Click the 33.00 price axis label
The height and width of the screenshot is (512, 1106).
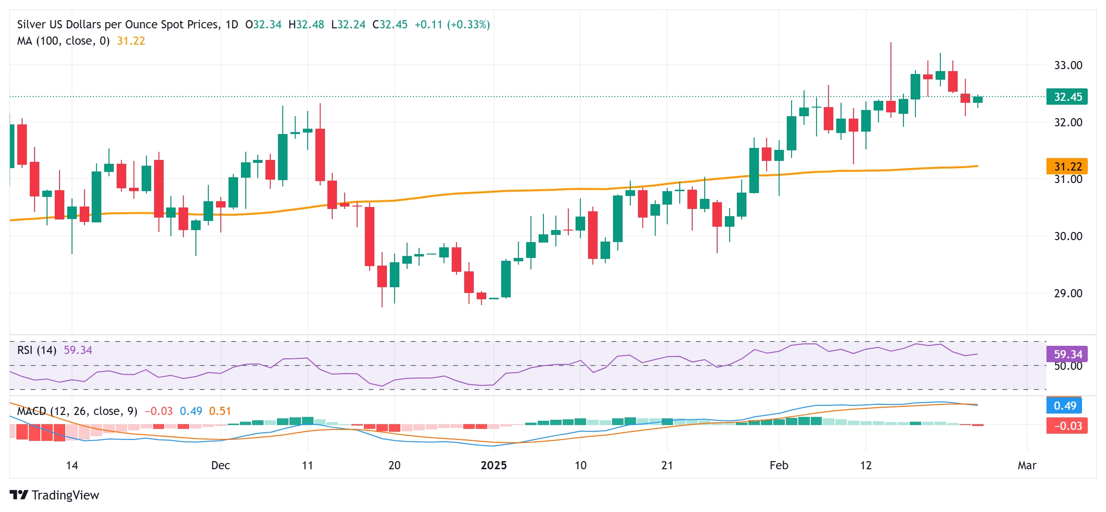click(1068, 65)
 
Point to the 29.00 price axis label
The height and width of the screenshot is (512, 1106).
click(1068, 293)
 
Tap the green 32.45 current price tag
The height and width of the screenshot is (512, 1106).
click(1067, 97)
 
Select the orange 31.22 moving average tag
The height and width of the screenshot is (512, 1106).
click(1067, 167)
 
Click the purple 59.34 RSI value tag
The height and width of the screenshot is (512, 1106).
click(1067, 354)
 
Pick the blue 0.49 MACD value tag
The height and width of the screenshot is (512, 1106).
click(1064, 406)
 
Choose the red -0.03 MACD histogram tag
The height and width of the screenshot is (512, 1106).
click(1067, 426)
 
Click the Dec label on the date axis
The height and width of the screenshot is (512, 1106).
click(220, 465)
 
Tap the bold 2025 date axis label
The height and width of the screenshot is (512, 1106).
click(493, 465)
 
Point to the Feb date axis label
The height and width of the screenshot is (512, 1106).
click(779, 465)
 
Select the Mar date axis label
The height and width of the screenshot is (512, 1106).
click(1027, 465)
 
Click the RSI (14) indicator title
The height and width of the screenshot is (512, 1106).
click(36, 350)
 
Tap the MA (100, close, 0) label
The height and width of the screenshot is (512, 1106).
click(63, 41)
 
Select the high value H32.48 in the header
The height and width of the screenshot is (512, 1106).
click(306, 24)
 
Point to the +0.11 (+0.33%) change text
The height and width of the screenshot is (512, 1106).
click(452, 24)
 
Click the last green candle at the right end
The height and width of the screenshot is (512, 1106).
click(978, 99)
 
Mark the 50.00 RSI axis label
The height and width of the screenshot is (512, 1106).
click(1068, 366)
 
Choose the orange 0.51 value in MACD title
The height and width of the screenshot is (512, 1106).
click(220, 411)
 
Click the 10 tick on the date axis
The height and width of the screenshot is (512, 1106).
click(580, 465)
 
